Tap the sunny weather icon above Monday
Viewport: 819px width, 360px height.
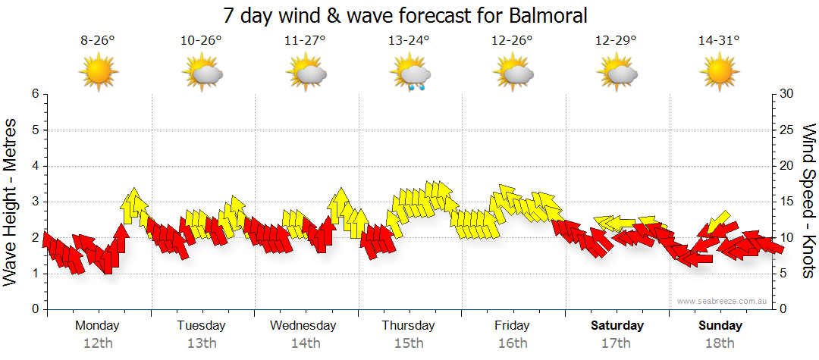(x=99, y=74)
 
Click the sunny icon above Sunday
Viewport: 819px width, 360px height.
(x=719, y=74)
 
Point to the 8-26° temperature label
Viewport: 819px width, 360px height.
(x=98, y=41)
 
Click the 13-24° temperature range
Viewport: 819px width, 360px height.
(x=409, y=41)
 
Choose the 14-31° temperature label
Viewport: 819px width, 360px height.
(x=719, y=41)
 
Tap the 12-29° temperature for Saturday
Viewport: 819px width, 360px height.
(x=616, y=41)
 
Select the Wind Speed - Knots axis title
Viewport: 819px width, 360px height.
(x=808, y=202)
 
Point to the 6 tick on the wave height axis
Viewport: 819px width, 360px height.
(x=34, y=94)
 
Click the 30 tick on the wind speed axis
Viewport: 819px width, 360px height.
(x=787, y=94)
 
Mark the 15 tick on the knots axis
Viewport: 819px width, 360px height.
(x=787, y=202)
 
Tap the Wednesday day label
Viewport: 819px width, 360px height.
(x=303, y=326)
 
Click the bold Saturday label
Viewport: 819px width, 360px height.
(x=617, y=326)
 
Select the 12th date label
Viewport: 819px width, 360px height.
(x=98, y=343)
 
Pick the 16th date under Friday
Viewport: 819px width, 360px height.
(x=513, y=343)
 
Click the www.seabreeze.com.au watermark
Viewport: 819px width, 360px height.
(x=723, y=301)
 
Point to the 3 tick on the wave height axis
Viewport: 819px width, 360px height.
(x=34, y=202)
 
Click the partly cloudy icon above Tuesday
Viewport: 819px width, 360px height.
(x=202, y=74)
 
